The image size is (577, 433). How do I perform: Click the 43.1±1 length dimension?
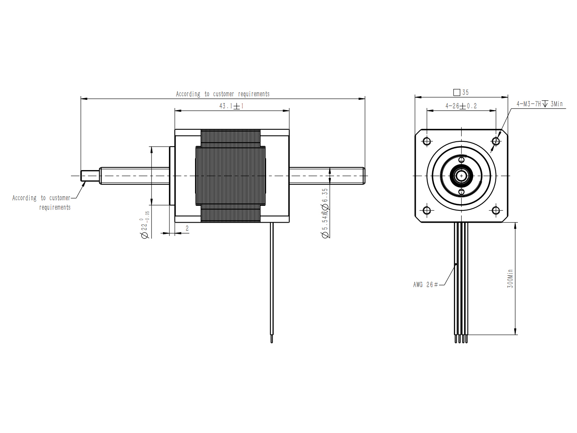click(231, 106)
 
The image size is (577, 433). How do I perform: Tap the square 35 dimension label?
click(461, 92)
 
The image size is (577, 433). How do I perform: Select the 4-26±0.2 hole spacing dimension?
click(461, 106)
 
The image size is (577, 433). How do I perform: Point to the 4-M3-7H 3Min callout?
click(539, 104)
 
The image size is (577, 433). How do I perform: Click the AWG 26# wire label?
click(426, 285)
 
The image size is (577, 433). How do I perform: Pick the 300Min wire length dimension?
click(510, 279)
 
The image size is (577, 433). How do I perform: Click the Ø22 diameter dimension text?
click(145, 225)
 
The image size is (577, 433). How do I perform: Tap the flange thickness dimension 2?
click(187, 228)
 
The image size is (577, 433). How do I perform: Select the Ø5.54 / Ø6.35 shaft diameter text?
click(325, 213)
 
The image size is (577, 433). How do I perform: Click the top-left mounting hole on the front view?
click(427, 141)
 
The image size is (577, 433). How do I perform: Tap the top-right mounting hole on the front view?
click(496, 141)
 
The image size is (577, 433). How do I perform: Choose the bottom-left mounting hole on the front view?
click(427, 210)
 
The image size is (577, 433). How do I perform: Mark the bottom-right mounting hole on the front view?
click(496, 210)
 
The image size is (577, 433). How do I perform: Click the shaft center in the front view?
click(461, 176)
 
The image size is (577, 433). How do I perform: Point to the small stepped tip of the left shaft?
click(90, 176)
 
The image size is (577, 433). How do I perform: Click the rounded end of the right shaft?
click(364, 176)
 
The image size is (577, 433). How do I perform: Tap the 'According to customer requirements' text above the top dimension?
click(223, 94)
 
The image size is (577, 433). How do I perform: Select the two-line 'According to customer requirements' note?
click(41, 203)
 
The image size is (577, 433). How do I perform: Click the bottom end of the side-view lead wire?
click(272, 342)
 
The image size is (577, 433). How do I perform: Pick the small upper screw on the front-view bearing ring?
click(462, 160)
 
